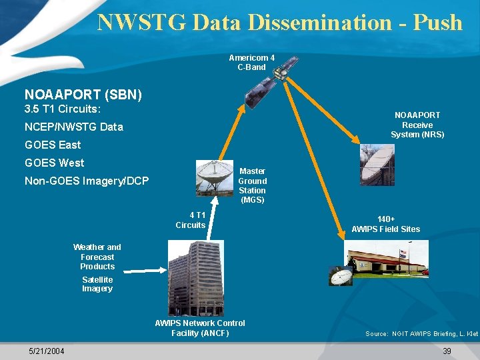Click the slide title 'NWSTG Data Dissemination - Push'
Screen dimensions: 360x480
click(279, 22)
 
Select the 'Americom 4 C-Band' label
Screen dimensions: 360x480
click(251, 62)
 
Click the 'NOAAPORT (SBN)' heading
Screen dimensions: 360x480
click(83, 95)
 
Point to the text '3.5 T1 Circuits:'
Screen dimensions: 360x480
click(62, 109)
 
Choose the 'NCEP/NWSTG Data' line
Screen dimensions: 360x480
click(73, 127)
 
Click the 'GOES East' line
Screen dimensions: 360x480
click(53, 145)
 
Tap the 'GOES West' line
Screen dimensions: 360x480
click(54, 163)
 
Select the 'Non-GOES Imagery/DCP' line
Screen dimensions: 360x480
click(87, 181)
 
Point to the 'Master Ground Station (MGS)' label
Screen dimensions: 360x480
click(253, 185)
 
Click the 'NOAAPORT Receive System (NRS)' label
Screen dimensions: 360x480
click(417, 125)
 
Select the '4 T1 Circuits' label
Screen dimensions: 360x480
click(191, 220)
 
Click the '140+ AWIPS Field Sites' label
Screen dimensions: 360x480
click(385, 224)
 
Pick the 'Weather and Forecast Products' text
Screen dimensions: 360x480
click(97, 257)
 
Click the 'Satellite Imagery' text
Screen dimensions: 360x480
click(97, 284)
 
